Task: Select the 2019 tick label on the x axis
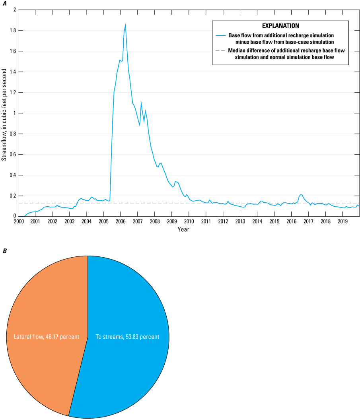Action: tap(342, 221)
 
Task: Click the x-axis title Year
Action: tap(183, 229)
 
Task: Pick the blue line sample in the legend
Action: tap(220, 35)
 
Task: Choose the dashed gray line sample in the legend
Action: tap(220, 50)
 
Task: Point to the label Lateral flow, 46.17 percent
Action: tap(47, 337)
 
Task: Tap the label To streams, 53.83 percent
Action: tap(127, 337)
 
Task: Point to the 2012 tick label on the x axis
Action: tap(223, 221)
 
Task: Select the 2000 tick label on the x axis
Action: tap(18, 221)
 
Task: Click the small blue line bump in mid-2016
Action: tap(301, 195)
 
